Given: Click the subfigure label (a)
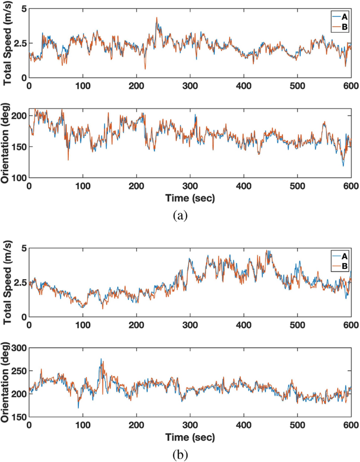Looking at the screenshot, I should pyautogui.click(x=180, y=215).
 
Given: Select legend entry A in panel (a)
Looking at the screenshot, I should pyautogui.click(x=343, y=16).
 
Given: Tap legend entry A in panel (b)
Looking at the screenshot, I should pyautogui.click(x=343, y=256).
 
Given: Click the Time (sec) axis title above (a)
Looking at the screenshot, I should pyautogui.click(x=190, y=198).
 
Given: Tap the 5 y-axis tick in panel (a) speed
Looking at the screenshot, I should pyautogui.click(x=23, y=9).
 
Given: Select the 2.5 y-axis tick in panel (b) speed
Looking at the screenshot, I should pyautogui.click(x=19, y=283).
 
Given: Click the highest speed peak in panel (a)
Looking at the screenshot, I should pyautogui.click(x=156, y=17).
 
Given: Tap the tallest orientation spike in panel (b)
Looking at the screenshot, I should pyautogui.click(x=101, y=359).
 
